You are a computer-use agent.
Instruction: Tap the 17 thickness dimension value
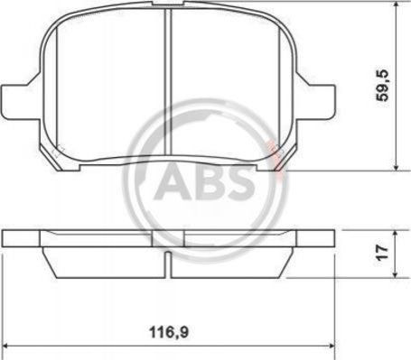pos(382,252)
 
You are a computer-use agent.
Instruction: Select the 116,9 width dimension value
pos(169,333)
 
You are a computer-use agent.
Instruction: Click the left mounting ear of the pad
pos(21,101)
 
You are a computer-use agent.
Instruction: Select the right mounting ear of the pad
pos(316,101)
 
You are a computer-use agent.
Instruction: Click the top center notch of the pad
pos(168,4)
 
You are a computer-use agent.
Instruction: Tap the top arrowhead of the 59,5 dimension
pos(397,6)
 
